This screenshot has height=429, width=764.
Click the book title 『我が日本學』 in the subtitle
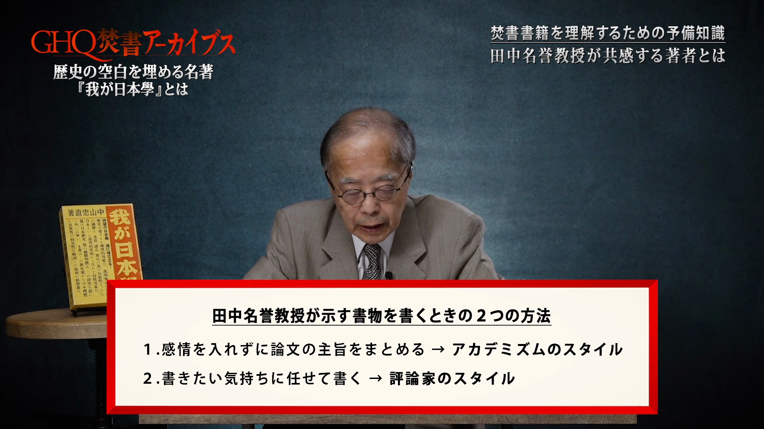[x=119, y=89]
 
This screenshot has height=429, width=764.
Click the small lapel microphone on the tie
[x=389, y=274]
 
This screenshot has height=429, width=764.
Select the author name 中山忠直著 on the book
[x=86, y=213]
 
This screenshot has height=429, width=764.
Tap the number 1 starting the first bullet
[x=148, y=350]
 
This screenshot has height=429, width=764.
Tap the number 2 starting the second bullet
[x=148, y=379]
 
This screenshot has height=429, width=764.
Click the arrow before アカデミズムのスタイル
[x=438, y=350]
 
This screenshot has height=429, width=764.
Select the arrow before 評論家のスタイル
[x=376, y=379]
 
